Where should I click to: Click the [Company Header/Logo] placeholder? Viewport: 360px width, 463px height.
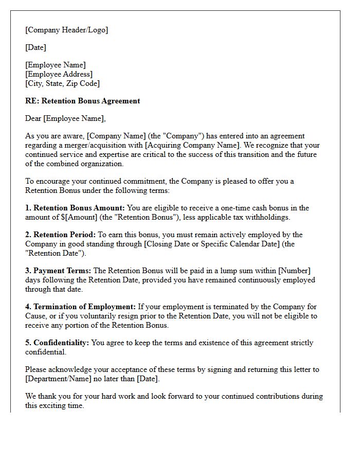pyautogui.click(x=67, y=30)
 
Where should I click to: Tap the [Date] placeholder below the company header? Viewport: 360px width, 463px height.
pyautogui.click(x=35, y=47)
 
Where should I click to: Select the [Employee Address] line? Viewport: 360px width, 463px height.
pyautogui.click(x=59, y=74)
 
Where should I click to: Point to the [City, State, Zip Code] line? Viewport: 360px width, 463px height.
pyautogui.click(x=62, y=83)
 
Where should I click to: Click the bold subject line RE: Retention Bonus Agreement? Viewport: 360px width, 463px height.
pyautogui.click(x=82, y=101)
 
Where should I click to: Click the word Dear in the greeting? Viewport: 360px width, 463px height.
pyautogui.click(x=33, y=118)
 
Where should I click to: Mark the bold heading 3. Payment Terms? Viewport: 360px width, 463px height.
pyautogui.click(x=59, y=271)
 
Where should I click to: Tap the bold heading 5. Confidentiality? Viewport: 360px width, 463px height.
pyautogui.click(x=57, y=343)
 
